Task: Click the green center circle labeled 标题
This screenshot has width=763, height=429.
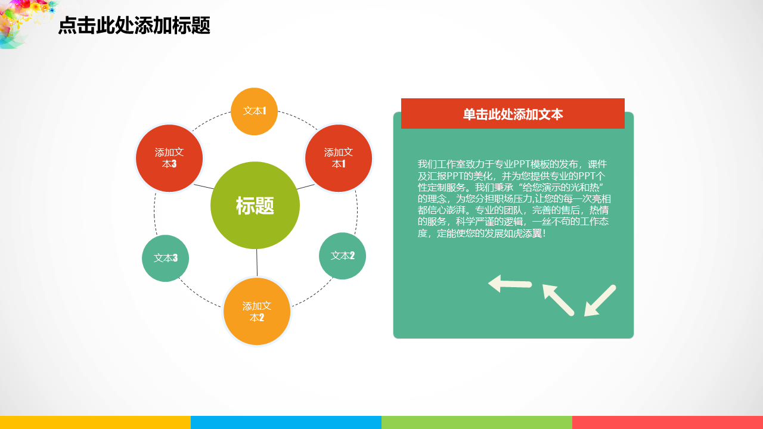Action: click(x=255, y=206)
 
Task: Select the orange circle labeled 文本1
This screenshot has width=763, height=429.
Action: click(x=254, y=111)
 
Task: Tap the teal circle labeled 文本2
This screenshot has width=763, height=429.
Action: click(x=342, y=256)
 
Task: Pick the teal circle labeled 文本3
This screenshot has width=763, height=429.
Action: click(x=165, y=258)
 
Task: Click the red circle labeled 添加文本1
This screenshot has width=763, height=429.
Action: click(x=339, y=158)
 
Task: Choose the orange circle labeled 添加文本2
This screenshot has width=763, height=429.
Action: click(x=257, y=312)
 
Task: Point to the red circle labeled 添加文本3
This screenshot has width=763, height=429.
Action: click(x=169, y=158)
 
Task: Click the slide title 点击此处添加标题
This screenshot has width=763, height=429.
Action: click(x=134, y=26)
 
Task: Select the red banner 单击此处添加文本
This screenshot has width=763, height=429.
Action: click(x=513, y=113)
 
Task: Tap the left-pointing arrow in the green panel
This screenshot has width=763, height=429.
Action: click(x=510, y=284)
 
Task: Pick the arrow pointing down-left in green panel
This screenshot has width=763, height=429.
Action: click(x=600, y=300)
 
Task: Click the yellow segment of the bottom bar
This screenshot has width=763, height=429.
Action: click(x=95, y=422)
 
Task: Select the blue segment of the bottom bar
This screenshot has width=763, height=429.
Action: click(x=286, y=422)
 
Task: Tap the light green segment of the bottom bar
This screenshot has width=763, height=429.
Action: click(x=477, y=422)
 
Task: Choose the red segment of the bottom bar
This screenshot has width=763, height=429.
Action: click(x=668, y=422)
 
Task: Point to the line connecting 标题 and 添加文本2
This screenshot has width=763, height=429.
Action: click(x=257, y=263)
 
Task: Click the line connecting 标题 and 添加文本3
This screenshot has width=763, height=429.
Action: click(x=204, y=186)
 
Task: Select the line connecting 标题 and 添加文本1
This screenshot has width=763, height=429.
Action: click(x=306, y=186)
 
